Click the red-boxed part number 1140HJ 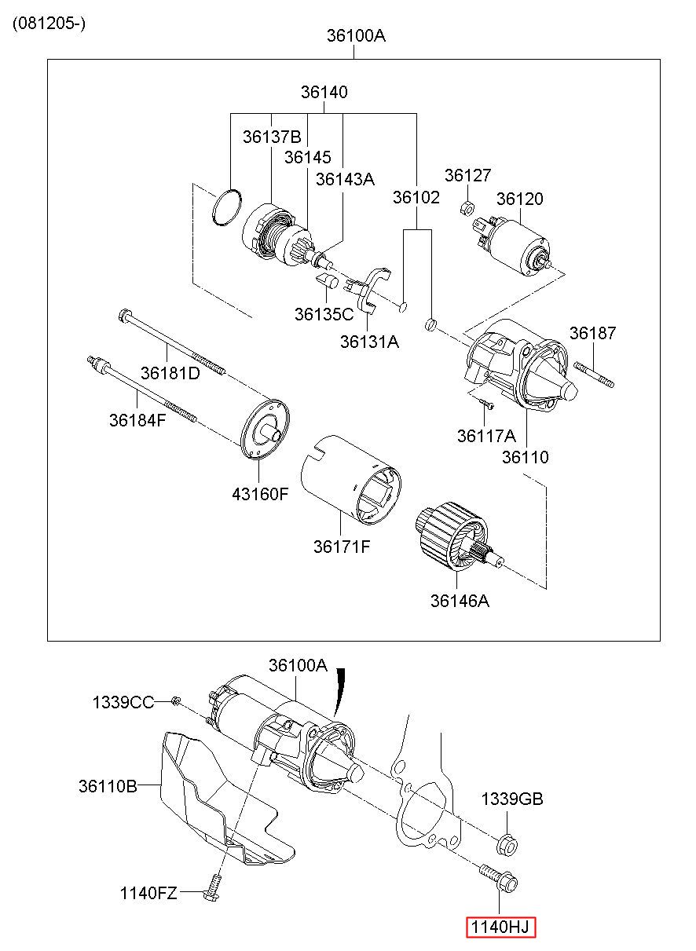click(500, 927)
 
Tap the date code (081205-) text click(49, 23)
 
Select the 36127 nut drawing click(467, 208)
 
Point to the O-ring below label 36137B click(227, 208)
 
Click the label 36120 click(520, 199)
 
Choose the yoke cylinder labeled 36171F click(351, 480)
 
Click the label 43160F click(260, 493)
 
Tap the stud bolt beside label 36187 click(594, 374)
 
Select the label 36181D click(170, 373)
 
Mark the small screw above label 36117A click(486, 403)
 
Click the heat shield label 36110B click(108, 786)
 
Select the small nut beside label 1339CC click(175, 701)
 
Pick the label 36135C click(324, 314)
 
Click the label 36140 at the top click(324, 92)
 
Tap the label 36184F click(137, 420)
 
